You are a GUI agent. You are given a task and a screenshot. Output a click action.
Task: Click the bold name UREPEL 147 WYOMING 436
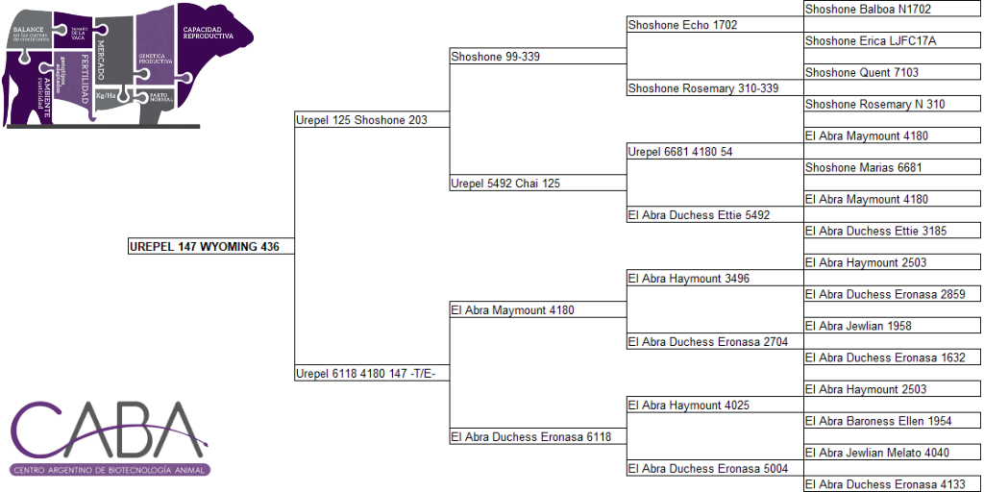(x=204, y=247)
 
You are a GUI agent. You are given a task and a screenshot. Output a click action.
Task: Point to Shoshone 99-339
(x=496, y=57)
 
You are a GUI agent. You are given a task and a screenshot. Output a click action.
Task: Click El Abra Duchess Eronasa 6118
(x=530, y=437)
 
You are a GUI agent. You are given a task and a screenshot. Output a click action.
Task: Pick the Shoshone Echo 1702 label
(x=682, y=25)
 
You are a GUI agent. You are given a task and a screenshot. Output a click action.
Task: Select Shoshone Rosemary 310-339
(x=702, y=88)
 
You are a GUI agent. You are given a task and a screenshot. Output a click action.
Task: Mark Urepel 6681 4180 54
(x=680, y=152)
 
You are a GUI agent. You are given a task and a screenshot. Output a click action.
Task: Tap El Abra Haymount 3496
(x=688, y=279)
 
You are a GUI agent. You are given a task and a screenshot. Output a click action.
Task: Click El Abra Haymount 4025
(x=688, y=406)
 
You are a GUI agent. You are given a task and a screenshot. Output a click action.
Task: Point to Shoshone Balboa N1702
(x=868, y=10)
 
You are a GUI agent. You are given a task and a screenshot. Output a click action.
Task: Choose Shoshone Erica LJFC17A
(x=871, y=41)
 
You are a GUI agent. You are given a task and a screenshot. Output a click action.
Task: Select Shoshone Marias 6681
(x=864, y=168)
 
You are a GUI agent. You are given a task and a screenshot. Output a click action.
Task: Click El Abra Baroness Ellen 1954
(x=878, y=421)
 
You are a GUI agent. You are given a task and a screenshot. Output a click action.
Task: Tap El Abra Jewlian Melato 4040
(x=877, y=453)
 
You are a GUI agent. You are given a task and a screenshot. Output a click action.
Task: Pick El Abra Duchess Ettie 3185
(x=875, y=232)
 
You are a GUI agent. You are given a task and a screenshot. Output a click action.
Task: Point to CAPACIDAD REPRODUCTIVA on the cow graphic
(x=208, y=33)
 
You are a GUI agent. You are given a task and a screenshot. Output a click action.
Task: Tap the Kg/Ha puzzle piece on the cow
(x=108, y=95)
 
